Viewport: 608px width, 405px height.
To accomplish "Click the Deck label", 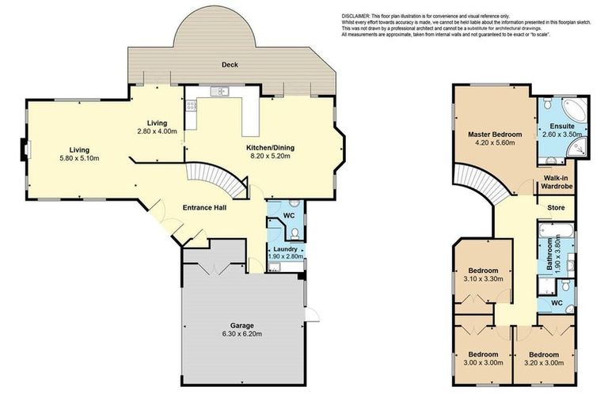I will (x=230, y=65).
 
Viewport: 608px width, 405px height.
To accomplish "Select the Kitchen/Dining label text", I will (x=260, y=146).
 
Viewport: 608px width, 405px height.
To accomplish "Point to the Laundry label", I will (x=284, y=248).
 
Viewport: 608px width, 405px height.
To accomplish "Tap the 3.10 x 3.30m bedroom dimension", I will (x=481, y=279).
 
